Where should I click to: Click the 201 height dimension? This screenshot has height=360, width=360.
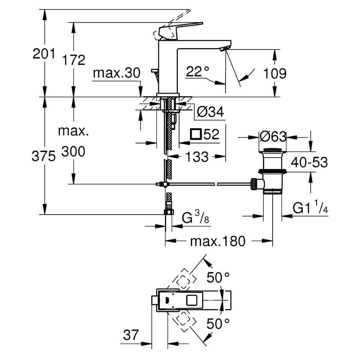click(44, 54)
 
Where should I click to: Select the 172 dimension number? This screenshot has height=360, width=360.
click(74, 60)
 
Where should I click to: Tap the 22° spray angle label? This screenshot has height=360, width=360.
click(198, 71)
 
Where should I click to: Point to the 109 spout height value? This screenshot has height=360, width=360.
click(274, 73)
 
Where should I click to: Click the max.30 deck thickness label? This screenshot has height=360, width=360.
click(117, 73)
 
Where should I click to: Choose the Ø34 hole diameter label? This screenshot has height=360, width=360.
click(211, 112)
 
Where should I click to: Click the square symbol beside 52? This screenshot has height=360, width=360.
click(196, 134)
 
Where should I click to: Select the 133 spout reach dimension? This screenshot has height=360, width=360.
click(197, 157)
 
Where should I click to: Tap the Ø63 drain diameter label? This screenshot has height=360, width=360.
click(273, 137)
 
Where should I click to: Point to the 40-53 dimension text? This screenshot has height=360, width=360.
click(309, 162)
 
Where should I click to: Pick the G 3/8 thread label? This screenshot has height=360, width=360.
click(196, 217)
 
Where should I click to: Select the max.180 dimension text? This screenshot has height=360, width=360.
click(218, 242)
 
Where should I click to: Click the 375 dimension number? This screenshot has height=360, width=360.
click(44, 156)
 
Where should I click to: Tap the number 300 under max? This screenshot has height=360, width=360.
click(73, 151)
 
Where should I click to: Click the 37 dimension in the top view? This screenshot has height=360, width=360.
click(131, 335)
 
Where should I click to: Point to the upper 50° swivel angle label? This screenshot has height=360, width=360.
click(218, 277)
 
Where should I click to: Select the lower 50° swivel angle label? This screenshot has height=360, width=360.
click(218, 324)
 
